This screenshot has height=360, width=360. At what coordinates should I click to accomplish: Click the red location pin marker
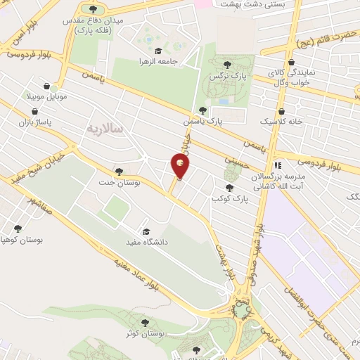click(x=181, y=166)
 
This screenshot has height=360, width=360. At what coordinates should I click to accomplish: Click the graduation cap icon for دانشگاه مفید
click(x=146, y=231)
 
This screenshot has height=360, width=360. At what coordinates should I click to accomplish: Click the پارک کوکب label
click(x=228, y=198)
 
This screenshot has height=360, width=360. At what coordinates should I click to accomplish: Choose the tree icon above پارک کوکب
click(x=229, y=187)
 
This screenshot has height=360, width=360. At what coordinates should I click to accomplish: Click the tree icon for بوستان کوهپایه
click(x=18, y=228)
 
